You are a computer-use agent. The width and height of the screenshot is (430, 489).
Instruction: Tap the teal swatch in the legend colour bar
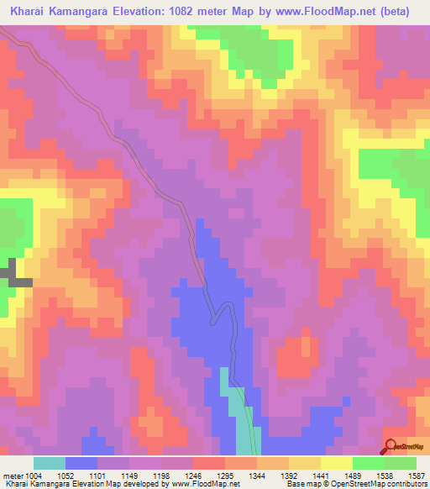click(50, 463)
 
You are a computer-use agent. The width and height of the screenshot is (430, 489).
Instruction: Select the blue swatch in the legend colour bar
click(81, 463)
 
